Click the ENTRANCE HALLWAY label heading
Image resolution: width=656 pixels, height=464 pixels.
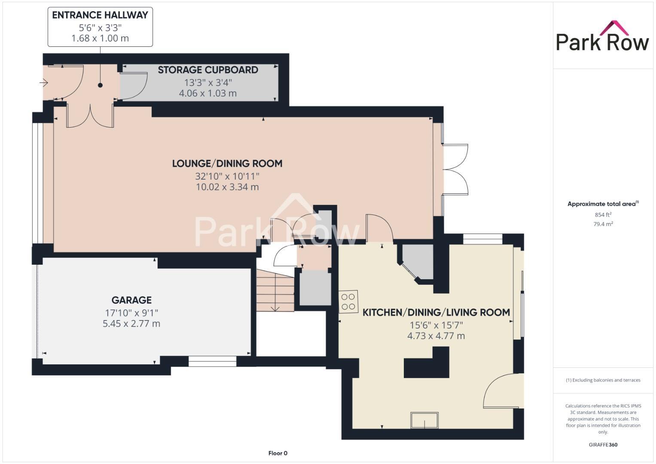100,15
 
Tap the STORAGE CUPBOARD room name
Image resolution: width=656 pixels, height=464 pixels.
208,70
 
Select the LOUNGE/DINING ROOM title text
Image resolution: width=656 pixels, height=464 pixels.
227,163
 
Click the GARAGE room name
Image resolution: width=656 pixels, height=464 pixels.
131,300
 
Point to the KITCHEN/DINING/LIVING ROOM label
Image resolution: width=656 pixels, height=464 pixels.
436,312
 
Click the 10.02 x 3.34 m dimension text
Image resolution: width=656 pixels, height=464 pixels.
227,187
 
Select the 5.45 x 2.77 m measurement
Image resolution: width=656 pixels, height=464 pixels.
131,324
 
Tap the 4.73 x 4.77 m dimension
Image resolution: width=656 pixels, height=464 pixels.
436,336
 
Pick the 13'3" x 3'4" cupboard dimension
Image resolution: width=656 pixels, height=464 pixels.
208,82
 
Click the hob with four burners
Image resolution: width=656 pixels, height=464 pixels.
348,301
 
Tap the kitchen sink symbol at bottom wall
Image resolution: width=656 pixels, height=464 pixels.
424,420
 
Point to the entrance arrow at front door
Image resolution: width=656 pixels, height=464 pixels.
44,82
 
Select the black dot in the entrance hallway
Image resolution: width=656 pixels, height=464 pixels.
100,85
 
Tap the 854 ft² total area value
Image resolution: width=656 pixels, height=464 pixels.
603,214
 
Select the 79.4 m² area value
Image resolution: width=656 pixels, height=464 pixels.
603,224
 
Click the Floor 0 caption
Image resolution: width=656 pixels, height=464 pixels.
278,453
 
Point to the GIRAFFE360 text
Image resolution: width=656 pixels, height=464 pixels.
603,445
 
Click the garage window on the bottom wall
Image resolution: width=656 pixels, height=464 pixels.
212,361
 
